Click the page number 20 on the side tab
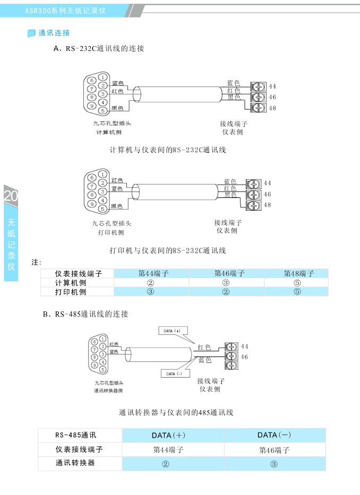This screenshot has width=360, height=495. coord(11,196)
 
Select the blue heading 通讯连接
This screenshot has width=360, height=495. coord(54,33)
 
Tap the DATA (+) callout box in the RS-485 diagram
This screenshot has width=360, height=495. coord(170,331)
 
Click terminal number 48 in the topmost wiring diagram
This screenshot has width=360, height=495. coord(272,108)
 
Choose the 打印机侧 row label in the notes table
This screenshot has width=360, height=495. coord(71,292)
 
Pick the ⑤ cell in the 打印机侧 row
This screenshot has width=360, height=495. coord(297,292)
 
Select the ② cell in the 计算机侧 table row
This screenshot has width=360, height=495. coord(150,283)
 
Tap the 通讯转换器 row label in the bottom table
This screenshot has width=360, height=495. coord(75,463)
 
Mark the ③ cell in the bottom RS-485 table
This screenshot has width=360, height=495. coord(274,464)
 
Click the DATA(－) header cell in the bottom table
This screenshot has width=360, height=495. coord(274,435)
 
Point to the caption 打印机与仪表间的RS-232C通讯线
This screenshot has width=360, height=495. coord(168,250)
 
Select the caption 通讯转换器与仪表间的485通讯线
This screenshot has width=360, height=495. coord(176,412)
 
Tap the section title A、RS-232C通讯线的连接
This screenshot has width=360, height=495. coord(99,49)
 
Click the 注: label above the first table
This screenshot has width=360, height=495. coord(37,262)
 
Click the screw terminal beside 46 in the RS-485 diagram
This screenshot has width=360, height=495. coord(231,357)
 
